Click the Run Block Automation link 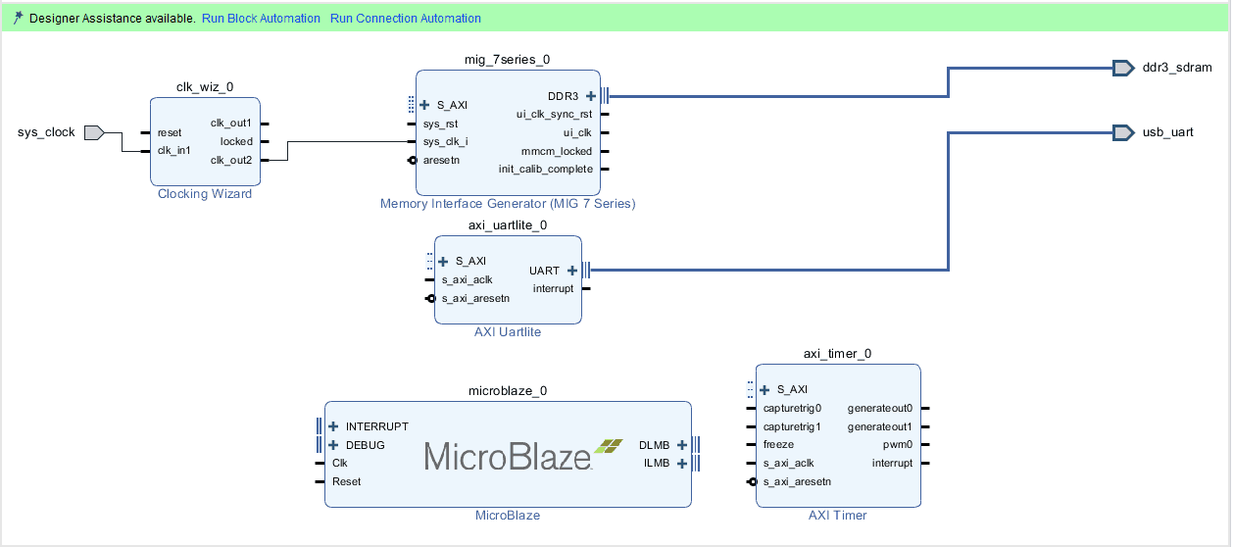(x=261, y=19)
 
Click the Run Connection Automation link (x=405, y=19)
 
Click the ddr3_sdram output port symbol (x=1123, y=68)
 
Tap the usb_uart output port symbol (x=1123, y=131)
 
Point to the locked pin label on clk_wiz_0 (x=236, y=141)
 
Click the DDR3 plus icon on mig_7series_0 (x=590, y=96)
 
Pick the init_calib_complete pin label (x=545, y=169)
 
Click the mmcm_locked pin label (x=557, y=151)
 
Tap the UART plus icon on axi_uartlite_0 (x=572, y=271)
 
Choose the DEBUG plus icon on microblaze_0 (x=333, y=445)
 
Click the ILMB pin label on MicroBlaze (x=657, y=463)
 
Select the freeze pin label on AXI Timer (x=780, y=445)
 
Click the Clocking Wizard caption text (x=205, y=194)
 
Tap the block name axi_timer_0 (x=837, y=354)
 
